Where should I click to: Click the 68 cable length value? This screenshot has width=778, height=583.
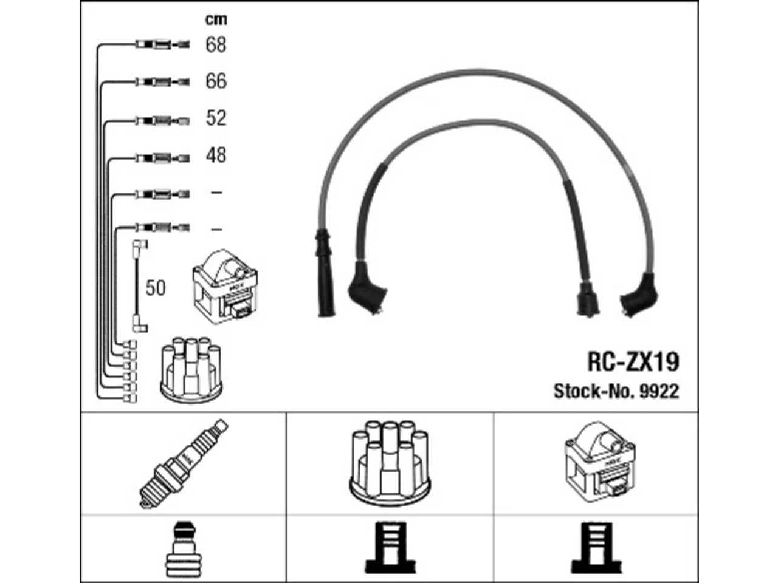[x=216, y=45]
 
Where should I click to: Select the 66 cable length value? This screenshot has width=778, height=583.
[x=216, y=81]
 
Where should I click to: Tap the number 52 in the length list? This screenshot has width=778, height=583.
[x=216, y=118]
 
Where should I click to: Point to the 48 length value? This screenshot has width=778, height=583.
[x=216, y=155]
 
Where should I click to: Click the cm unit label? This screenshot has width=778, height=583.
[x=216, y=19]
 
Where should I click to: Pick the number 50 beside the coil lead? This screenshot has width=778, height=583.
[x=155, y=288]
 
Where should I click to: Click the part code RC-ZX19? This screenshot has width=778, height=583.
[x=633, y=362]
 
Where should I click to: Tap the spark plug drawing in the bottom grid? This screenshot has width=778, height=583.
[x=184, y=464]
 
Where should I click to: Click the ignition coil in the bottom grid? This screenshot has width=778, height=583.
[x=599, y=462]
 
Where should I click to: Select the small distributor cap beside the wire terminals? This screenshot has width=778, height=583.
[x=191, y=370]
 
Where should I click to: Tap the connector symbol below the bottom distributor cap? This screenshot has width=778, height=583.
[x=390, y=548]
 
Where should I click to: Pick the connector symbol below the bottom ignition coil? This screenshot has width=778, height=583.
[x=596, y=548]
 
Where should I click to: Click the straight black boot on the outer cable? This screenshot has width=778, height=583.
[x=325, y=273]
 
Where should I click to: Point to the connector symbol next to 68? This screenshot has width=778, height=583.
[x=163, y=44]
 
